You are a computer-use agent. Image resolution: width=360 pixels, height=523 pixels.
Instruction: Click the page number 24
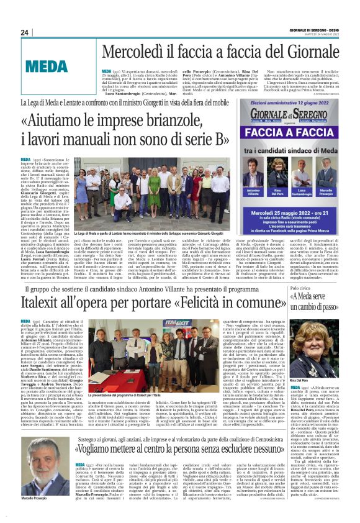25,32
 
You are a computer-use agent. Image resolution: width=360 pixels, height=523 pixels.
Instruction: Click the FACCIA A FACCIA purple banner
293,133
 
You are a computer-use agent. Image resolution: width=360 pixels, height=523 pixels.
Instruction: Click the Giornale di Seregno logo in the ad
293,114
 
